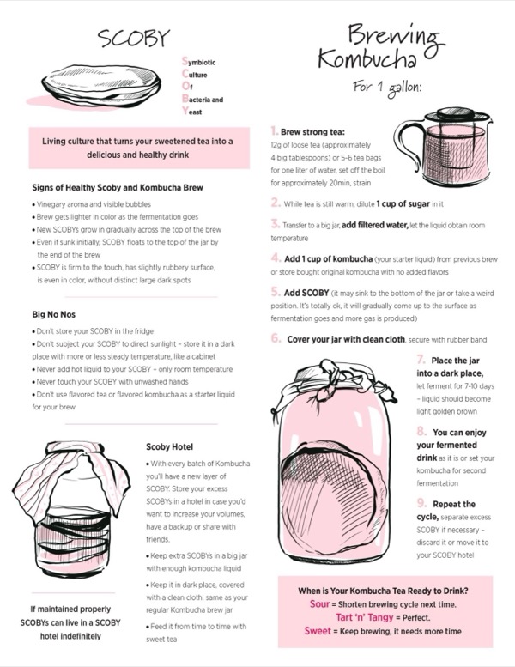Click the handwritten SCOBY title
(134, 38)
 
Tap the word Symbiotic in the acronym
(198, 62)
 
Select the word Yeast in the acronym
(191, 112)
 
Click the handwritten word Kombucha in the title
(367, 58)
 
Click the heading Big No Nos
(53, 314)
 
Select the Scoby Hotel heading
(169, 446)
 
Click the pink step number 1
(275, 130)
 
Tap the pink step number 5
(276, 292)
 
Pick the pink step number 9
(421, 503)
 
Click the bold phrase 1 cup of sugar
(403, 203)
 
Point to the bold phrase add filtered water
(374, 225)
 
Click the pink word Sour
(320, 604)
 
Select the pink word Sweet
(318, 631)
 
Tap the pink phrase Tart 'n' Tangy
(365, 617)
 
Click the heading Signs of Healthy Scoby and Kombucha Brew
(118, 188)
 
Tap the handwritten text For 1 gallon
(387, 88)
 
